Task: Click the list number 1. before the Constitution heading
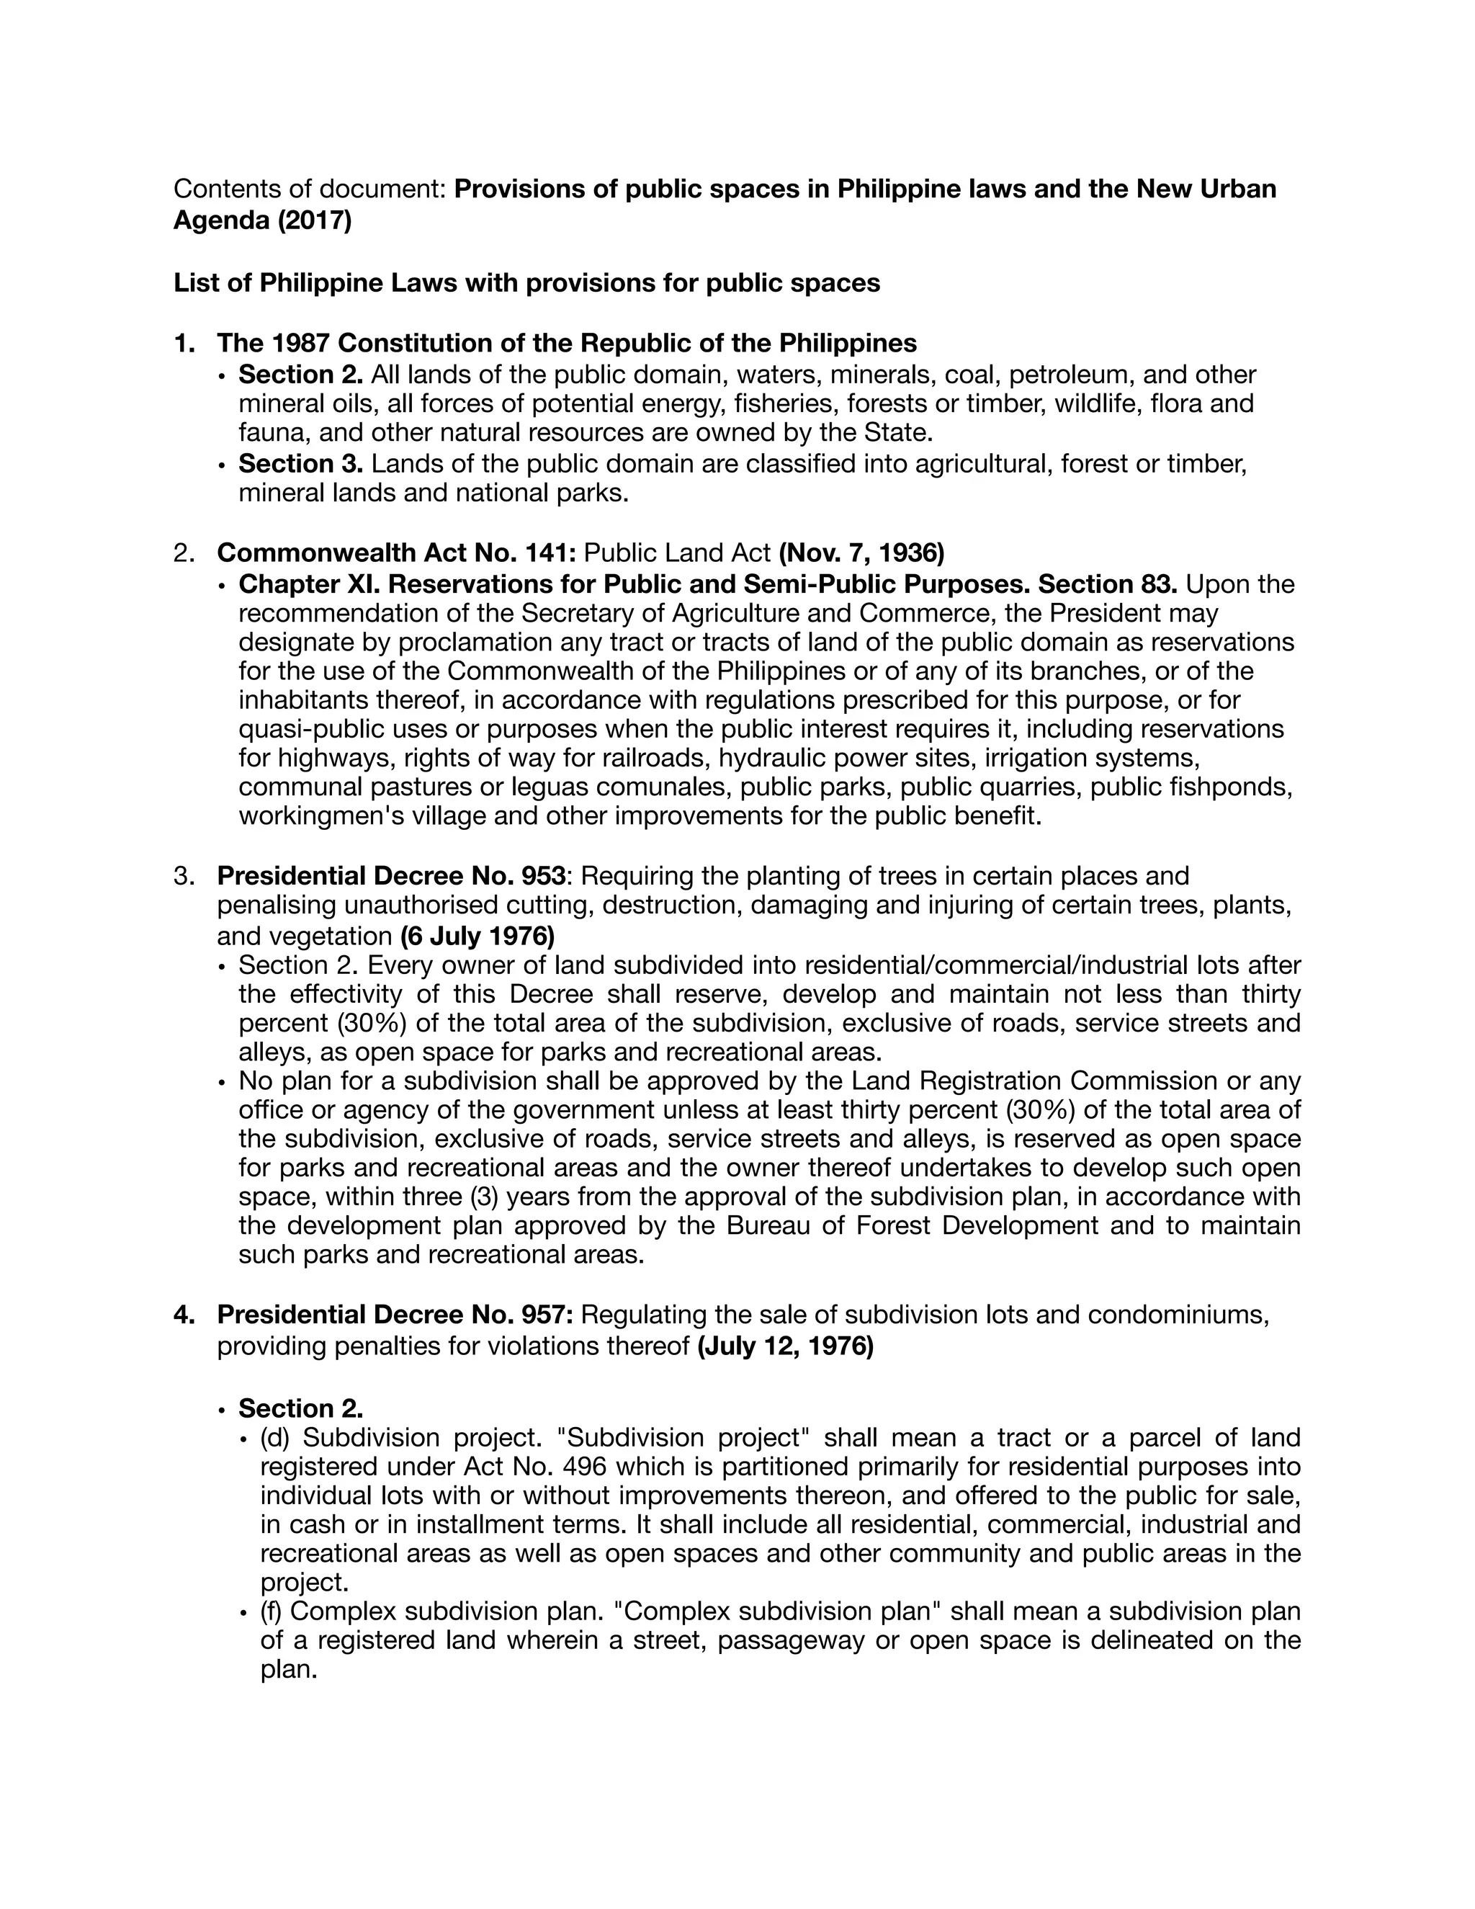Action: [184, 343]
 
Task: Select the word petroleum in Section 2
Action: [1071, 375]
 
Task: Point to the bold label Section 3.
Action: [300, 463]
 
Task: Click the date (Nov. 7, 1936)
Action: [861, 553]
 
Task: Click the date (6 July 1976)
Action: [477, 936]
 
